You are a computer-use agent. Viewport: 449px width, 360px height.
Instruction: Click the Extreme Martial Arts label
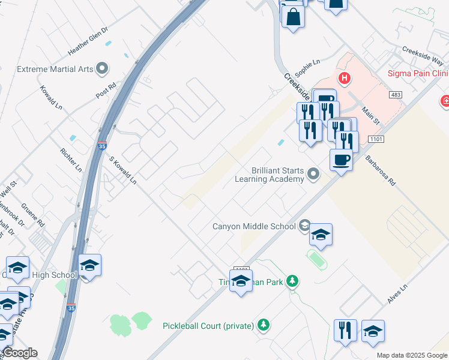(55, 69)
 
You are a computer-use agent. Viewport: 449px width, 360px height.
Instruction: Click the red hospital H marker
(344, 77)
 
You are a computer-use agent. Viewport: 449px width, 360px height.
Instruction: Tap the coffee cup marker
(341, 160)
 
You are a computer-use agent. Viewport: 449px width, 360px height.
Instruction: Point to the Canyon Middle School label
(255, 226)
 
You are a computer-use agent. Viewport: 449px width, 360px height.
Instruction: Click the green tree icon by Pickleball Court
(263, 325)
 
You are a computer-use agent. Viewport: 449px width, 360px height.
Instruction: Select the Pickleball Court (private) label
(208, 326)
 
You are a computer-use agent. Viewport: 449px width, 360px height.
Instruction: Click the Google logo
(20, 353)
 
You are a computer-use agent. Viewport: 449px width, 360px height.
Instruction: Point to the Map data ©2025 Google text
(411, 355)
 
